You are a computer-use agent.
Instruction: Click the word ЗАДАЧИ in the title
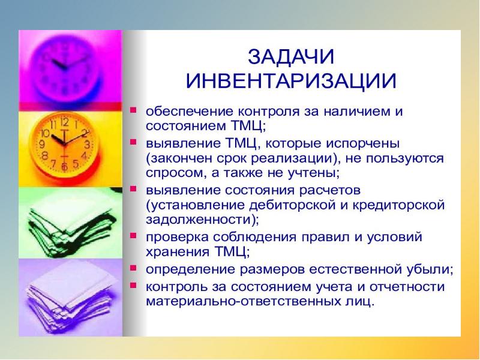pos(290,56)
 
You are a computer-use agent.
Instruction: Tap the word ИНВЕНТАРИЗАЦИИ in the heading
pos(291,80)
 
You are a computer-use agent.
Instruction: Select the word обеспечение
pos(190,111)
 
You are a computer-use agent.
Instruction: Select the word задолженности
pos(199,220)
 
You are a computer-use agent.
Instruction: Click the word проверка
pos(177,238)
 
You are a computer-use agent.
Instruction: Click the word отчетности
pos(407,287)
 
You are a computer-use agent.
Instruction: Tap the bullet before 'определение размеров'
pos(133,268)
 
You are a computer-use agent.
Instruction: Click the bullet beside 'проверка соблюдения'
pos(133,236)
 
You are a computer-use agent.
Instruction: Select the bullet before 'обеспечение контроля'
pos(133,109)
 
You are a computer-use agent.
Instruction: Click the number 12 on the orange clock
pos(65,122)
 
